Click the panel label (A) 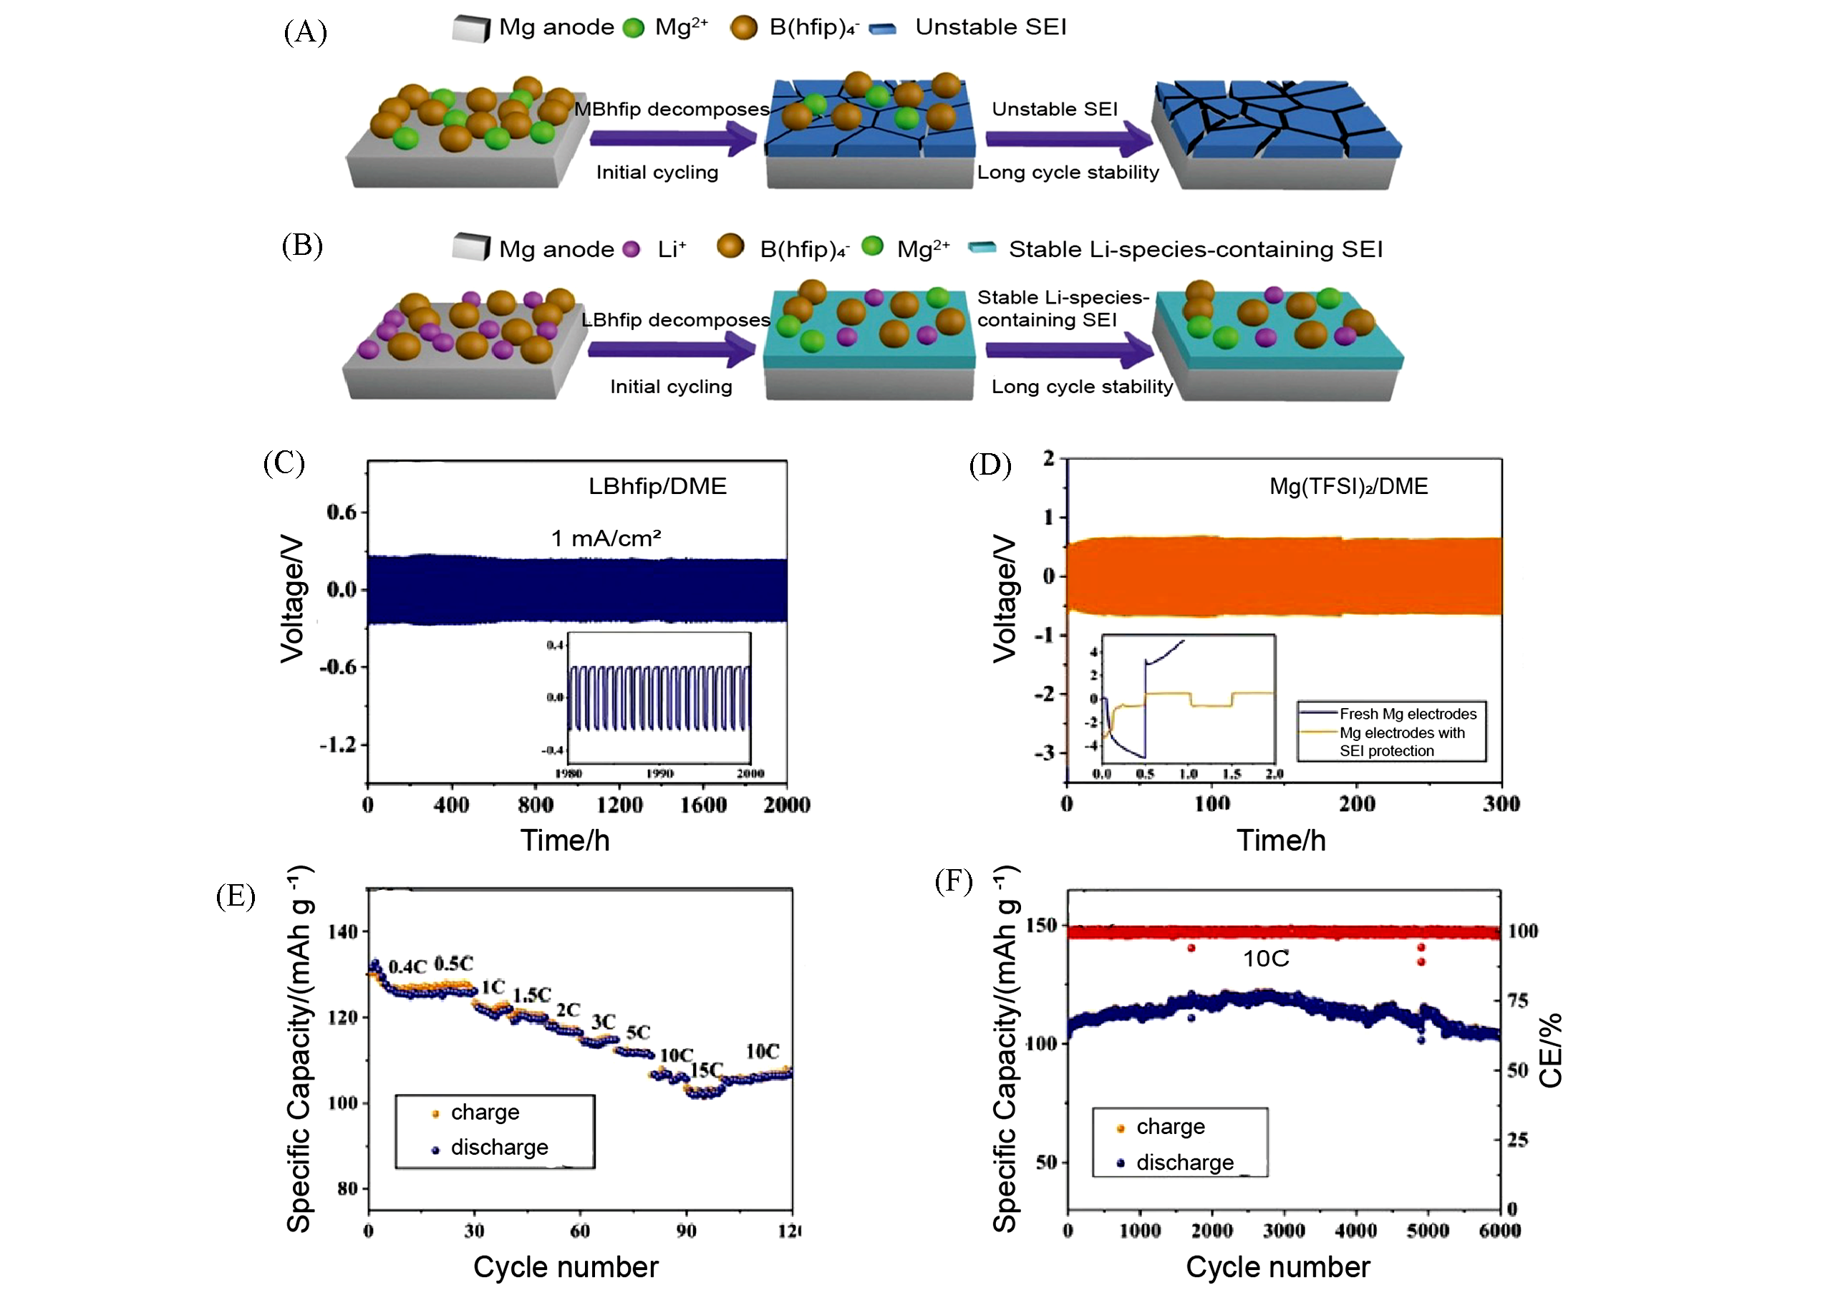(x=305, y=32)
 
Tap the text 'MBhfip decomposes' (x=672, y=109)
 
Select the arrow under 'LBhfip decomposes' (x=671, y=349)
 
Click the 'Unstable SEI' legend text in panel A (x=991, y=27)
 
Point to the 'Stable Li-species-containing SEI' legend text (x=1196, y=250)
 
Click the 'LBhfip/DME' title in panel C (x=657, y=486)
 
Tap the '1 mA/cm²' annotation (x=606, y=538)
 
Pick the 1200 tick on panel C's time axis (x=619, y=805)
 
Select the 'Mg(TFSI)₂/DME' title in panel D (x=1348, y=487)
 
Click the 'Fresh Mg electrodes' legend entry (x=1407, y=714)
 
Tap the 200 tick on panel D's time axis (x=1357, y=804)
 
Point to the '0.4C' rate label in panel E (x=407, y=967)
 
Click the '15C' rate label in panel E (x=707, y=1070)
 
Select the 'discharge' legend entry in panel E (x=499, y=1148)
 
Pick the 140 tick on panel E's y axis (x=342, y=932)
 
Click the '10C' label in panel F (x=1265, y=959)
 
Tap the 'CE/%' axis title (x=1550, y=1050)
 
